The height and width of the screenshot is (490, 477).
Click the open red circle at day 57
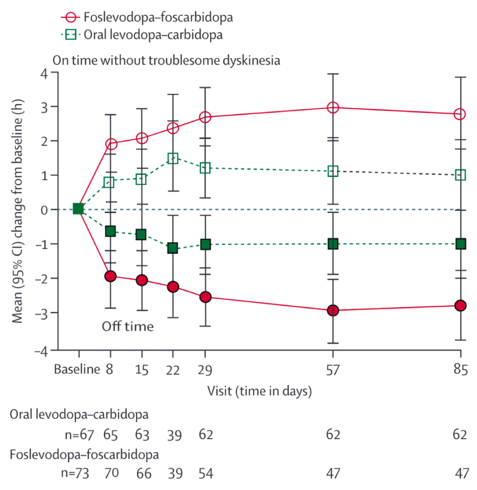pos(333,108)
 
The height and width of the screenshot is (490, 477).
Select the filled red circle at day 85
pos(460,306)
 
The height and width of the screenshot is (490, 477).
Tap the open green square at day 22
pos(173,159)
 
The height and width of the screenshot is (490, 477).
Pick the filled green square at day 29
pos(205,244)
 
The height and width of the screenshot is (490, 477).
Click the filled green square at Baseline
pos(78,209)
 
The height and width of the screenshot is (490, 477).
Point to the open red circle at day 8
pos(111,144)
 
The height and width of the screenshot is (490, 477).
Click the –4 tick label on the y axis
pos(42,350)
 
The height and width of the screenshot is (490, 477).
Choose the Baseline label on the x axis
pos(77,369)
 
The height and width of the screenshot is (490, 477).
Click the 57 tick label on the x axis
pos(333,369)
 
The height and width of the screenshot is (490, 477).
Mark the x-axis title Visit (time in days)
pos(260,390)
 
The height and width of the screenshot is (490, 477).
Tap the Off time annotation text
pos(127,327)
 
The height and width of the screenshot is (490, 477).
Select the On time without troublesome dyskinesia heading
pos(166,61)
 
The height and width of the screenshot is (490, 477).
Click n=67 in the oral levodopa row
pos(77,434)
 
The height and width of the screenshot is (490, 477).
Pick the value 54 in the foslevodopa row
pos(205,473)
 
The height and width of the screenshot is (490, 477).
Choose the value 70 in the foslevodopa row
pos(111,473)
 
